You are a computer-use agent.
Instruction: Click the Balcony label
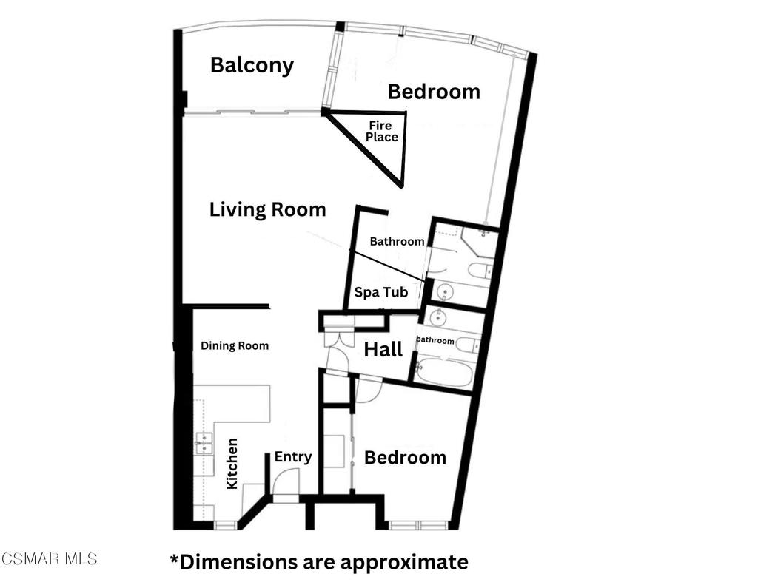tap(252, 66)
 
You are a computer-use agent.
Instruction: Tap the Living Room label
tap(268, 209)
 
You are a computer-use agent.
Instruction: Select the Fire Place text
tap(381, 132)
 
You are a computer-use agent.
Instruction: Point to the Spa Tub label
tap(381, 292)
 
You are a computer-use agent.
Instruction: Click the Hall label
tap(383, 349)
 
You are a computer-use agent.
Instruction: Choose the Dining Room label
tap(235, 346)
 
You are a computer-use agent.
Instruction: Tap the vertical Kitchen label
tap(232, 463)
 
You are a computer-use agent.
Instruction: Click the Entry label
tap(293, 457)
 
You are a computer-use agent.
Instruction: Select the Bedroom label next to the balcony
tap(434, 92)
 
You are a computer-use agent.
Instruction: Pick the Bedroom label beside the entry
tap(405, 458)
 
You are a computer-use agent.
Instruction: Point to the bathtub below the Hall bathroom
tap(444, 373)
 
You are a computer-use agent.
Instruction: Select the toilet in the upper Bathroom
tap(480, 271)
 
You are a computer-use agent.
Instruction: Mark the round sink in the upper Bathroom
tap(444, 292)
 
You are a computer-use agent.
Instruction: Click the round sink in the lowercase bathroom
tap(438, 317)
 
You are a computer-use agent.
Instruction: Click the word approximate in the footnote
tap(404, 563)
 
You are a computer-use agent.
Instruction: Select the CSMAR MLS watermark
tap(50, 559)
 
